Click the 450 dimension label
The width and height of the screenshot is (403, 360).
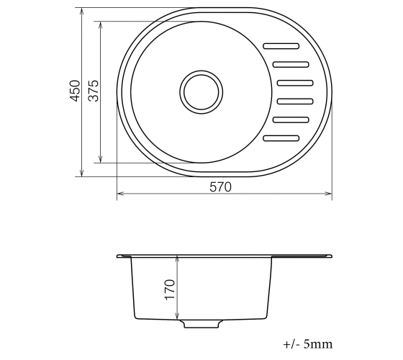(75, 91)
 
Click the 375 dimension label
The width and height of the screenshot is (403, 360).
(94, 91)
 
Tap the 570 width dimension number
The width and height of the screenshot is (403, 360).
(220, 187)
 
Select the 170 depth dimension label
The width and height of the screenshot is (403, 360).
(170, 289)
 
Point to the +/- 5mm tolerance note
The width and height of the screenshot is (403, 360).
(308, 344)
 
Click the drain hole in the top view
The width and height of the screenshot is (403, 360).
(201, 92)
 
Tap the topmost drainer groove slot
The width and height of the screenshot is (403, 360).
(281, 46)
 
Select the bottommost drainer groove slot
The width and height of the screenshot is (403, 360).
(281, 138)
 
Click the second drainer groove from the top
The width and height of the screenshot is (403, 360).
(291, 64)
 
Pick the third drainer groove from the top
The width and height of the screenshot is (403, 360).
(295, 83)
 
